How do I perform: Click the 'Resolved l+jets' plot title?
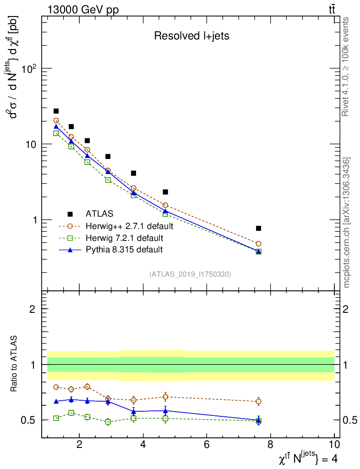point(191,36)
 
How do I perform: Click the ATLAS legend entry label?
point(99,213)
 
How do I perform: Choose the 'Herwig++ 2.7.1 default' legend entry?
point(129,226)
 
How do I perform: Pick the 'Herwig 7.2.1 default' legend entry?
point(124,238)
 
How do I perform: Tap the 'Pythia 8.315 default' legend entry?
point(124,250)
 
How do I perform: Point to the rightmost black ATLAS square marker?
point(258,228)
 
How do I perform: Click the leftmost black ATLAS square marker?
point(56,111)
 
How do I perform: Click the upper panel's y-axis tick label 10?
point(31,144)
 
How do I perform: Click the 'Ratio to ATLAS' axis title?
point(15,364)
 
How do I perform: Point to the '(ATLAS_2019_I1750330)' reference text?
point(190,274)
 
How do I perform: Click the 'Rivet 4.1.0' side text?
point(346,67)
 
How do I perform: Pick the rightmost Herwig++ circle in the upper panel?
point(258,244)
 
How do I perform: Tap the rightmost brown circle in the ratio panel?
point(258,401)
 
